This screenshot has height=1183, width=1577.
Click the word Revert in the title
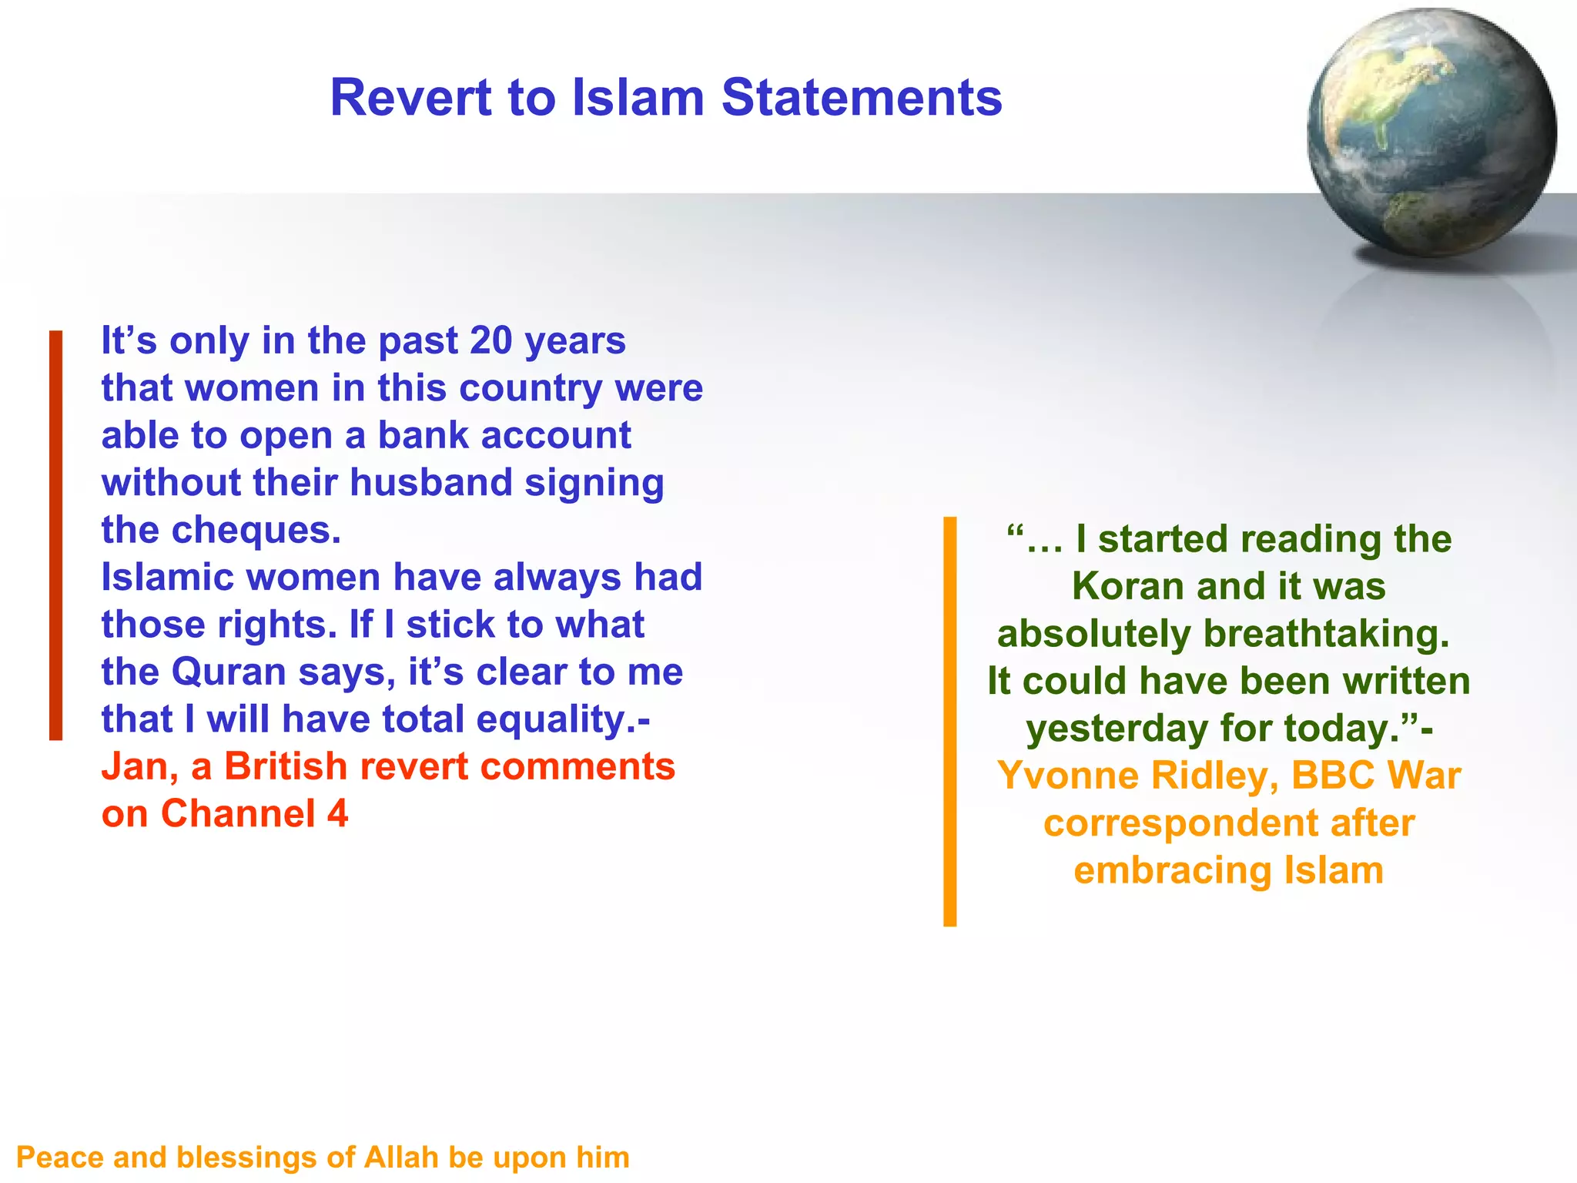point(410,98)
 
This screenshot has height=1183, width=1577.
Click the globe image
point(1431,132)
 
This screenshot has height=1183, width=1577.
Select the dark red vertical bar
point(55,535)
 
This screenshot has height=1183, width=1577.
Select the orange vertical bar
point(949,721)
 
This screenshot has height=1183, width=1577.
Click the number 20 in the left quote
point(491,340)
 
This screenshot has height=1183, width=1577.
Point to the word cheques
point(256,530)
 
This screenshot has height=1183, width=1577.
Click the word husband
point(430,483)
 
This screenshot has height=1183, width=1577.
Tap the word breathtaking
point(1326,634)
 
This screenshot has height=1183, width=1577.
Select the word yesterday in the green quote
point(1117,729)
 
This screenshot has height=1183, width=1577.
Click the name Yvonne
point(1066,776)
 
